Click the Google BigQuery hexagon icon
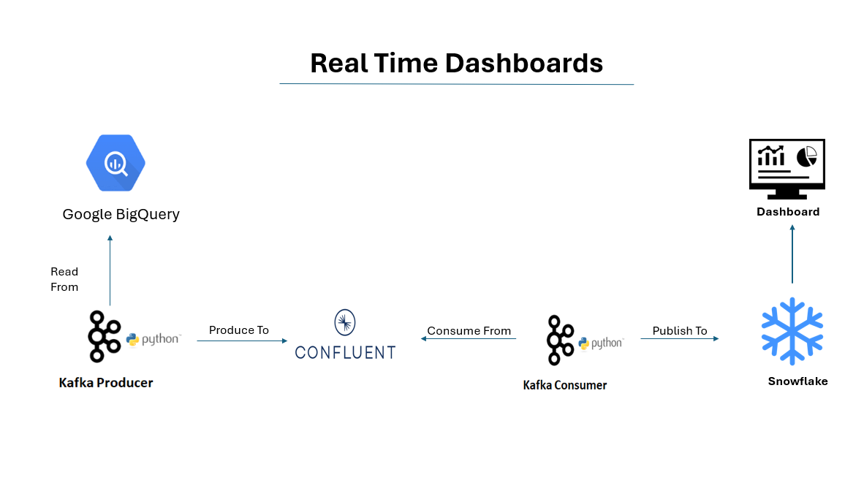[x=115, y=163]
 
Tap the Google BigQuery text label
[x=121, y=214]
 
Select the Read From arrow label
[x=64, y=279]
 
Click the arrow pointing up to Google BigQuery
[x=110, y=270]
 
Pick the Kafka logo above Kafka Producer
[x=104, y=337]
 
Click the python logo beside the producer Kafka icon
[x=154, y=339]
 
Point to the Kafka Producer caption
[x=106, y=383]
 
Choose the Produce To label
[x=238, y=330]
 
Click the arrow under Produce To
[x=243, y=341]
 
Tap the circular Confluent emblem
[x=345, y=322]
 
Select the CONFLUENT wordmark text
[x=346, y=352]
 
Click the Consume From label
[x=469, y=331]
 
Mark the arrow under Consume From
[x=469, y=339]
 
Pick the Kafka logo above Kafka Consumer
[x=561, y=341]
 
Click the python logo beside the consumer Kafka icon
[x=601, y=343]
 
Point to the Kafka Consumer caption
[x=565, y=386]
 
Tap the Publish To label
[x=679, y=331]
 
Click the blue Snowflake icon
[x=792, y=332]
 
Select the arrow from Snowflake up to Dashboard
[x=792, y=254]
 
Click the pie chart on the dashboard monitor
[x=807, y=156]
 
